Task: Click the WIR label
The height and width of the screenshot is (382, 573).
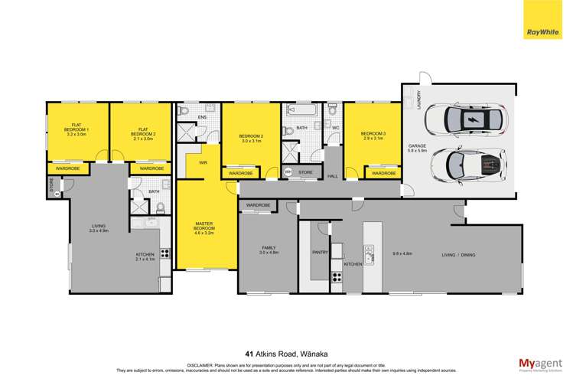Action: [204, 163]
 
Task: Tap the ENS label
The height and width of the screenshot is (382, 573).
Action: [203, 117]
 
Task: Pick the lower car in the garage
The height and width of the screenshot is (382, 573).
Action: [469, 164]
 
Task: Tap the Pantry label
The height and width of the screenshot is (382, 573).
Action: [320, 250]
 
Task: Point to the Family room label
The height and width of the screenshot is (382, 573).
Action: [267, 247]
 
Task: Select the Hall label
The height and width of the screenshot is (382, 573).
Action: [332, 176]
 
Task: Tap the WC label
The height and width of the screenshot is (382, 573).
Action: [336, 128]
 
